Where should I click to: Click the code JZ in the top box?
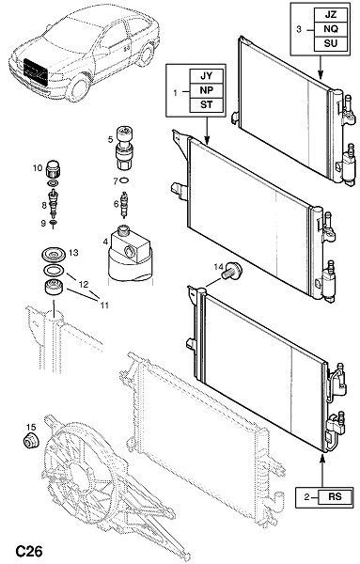(331, 15)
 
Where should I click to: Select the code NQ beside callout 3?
(331, 29)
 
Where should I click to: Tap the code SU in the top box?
(331, 43)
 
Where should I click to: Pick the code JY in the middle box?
(207, 76)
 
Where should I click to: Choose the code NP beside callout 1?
(207, 90)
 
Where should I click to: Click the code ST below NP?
(207, 104)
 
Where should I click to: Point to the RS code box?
(335, 496)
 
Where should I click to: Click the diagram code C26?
(29, 551)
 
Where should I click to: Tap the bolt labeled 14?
(231, 271)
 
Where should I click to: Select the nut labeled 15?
(31, 441)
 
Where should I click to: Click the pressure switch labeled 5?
(124, 148)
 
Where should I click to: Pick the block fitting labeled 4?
(130, 254)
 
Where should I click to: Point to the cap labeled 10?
(54, 169)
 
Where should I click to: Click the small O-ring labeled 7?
(124, 180)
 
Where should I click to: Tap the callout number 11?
(104, 305)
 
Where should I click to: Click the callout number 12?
(84, 285)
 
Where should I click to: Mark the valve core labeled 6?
(124, 205)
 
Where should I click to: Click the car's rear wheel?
(146, 55)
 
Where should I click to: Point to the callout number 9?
(43, 223)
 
